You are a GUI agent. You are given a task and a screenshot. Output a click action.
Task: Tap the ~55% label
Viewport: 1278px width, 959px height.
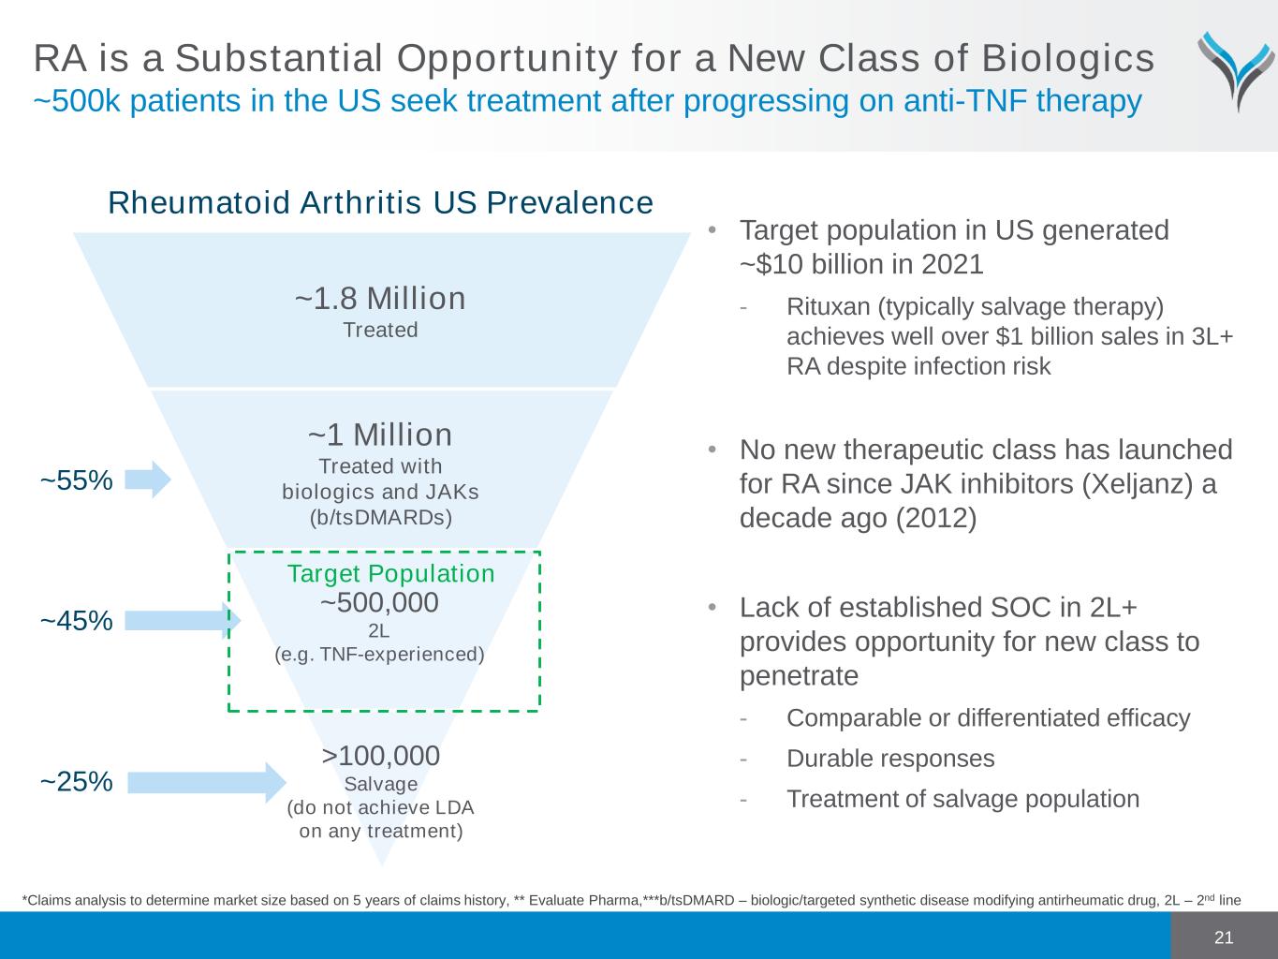pos(76,480)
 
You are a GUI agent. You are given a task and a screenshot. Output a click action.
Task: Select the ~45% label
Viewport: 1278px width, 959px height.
pos(76,621)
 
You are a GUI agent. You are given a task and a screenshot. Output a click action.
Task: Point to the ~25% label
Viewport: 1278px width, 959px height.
pos(76,781)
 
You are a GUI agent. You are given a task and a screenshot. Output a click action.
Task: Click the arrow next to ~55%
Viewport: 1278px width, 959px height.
pos(148,479)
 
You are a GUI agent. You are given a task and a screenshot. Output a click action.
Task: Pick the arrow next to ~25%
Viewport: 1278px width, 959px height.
pos(207,783)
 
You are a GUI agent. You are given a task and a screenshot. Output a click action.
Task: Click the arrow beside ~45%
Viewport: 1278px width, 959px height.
pos(183,621)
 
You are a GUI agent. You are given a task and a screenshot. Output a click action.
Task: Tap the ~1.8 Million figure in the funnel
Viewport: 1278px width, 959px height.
pos(380,299)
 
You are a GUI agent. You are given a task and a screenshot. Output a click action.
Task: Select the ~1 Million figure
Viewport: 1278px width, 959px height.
pos(380,435)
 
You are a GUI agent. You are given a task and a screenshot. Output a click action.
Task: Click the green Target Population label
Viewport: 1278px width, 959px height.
pos(390,573)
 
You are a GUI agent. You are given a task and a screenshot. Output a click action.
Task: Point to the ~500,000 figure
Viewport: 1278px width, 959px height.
pos(379,602)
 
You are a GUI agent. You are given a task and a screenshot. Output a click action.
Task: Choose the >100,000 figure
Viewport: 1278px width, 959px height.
pos(381,756)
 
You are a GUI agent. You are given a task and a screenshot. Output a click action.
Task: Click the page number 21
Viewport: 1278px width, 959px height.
pos(1224,937)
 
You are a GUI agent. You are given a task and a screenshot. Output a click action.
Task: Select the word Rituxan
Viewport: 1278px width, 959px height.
pos(829,307)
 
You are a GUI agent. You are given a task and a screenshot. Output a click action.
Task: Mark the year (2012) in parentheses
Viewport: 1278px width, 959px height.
pos(936,518)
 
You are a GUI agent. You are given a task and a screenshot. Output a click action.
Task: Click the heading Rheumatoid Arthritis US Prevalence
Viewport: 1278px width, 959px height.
pos(381,202)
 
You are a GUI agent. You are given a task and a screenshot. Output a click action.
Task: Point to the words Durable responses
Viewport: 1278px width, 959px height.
pos(890,759)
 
